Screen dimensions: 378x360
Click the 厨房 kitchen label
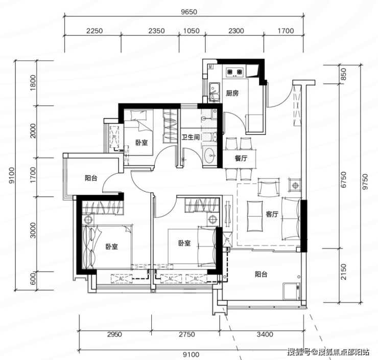(x=232, y=93)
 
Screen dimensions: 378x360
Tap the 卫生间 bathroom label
(x=191, y=137)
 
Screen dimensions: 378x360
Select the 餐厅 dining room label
(x=241, y=159)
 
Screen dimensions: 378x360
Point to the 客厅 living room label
(x=272, y=214)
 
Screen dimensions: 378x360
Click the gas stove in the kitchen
(x=234, y=72)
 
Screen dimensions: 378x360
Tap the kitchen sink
(x=214, y=92)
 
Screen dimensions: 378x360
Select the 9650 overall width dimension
(x=189, y=12)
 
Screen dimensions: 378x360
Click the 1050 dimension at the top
(x=192, y=31)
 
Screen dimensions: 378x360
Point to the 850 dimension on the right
(x=343, y=74)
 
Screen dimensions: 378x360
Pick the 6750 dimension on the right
(x=343, y=179)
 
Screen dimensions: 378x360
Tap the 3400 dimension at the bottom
(x=265, y=334)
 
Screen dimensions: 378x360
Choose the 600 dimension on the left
(x=33, y=278)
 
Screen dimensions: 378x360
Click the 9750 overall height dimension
(x=365, y=182)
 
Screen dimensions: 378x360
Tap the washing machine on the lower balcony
(x=292, y=291)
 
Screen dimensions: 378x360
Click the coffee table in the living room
(x=255, y=216)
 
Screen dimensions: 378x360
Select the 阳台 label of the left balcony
(x=91, y=178)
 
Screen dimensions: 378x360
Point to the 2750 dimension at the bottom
(x=186, y=334)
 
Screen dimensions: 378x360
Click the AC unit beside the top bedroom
(x=114, y=137)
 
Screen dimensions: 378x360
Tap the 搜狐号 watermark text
(x=299, y=352)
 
